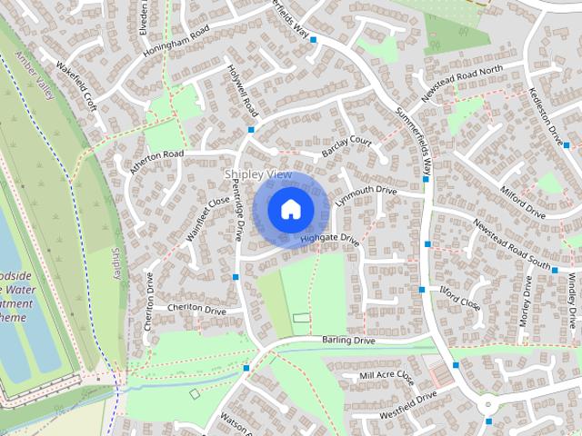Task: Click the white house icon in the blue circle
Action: pyautogui.click(x=289, y=210)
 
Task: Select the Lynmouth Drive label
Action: pyautogui.click(x=366, y=195)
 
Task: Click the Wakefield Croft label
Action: pyautogui.click(x=76, y=81)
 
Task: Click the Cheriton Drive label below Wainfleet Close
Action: pyautogui.click(x=196, y=310)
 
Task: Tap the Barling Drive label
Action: pyautogui.click(x=348, y=340)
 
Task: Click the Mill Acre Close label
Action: pyautogui.click(x=386, y=375)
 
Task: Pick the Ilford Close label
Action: pyautogui.click(x=459, y=297)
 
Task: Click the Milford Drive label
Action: pyautogui.click(x=523, y=203)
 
